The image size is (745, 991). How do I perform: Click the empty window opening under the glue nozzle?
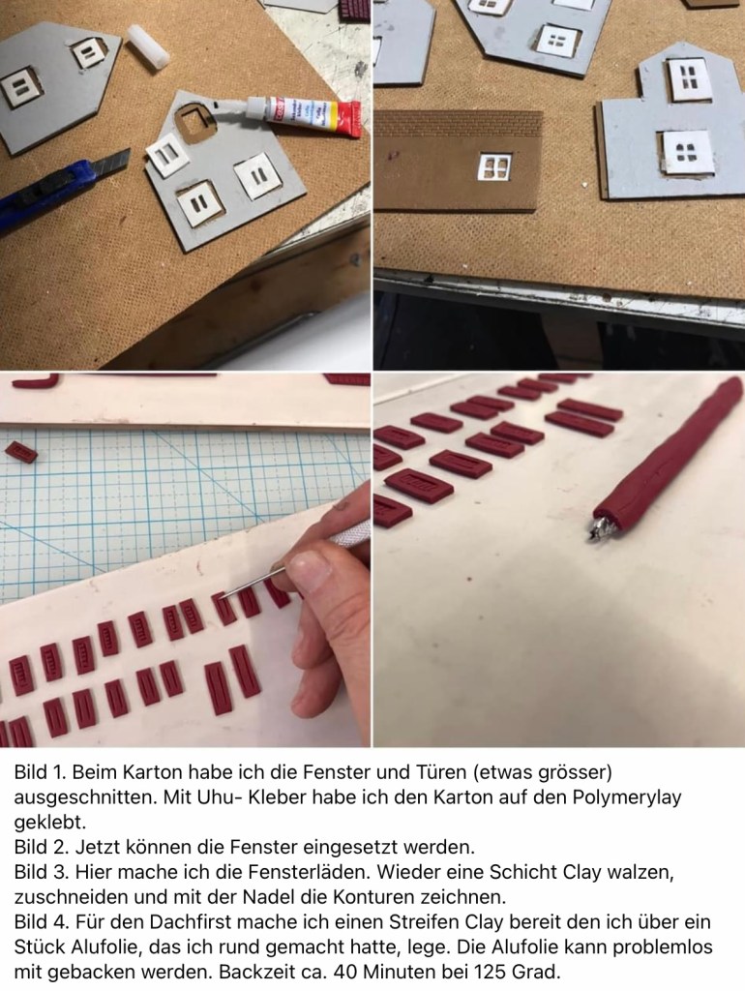195,120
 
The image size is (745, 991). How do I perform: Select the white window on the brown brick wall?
494,166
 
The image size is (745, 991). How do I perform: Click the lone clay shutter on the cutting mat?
21,451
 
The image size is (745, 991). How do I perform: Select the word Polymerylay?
627,797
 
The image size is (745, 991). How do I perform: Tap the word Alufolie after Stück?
104,947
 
